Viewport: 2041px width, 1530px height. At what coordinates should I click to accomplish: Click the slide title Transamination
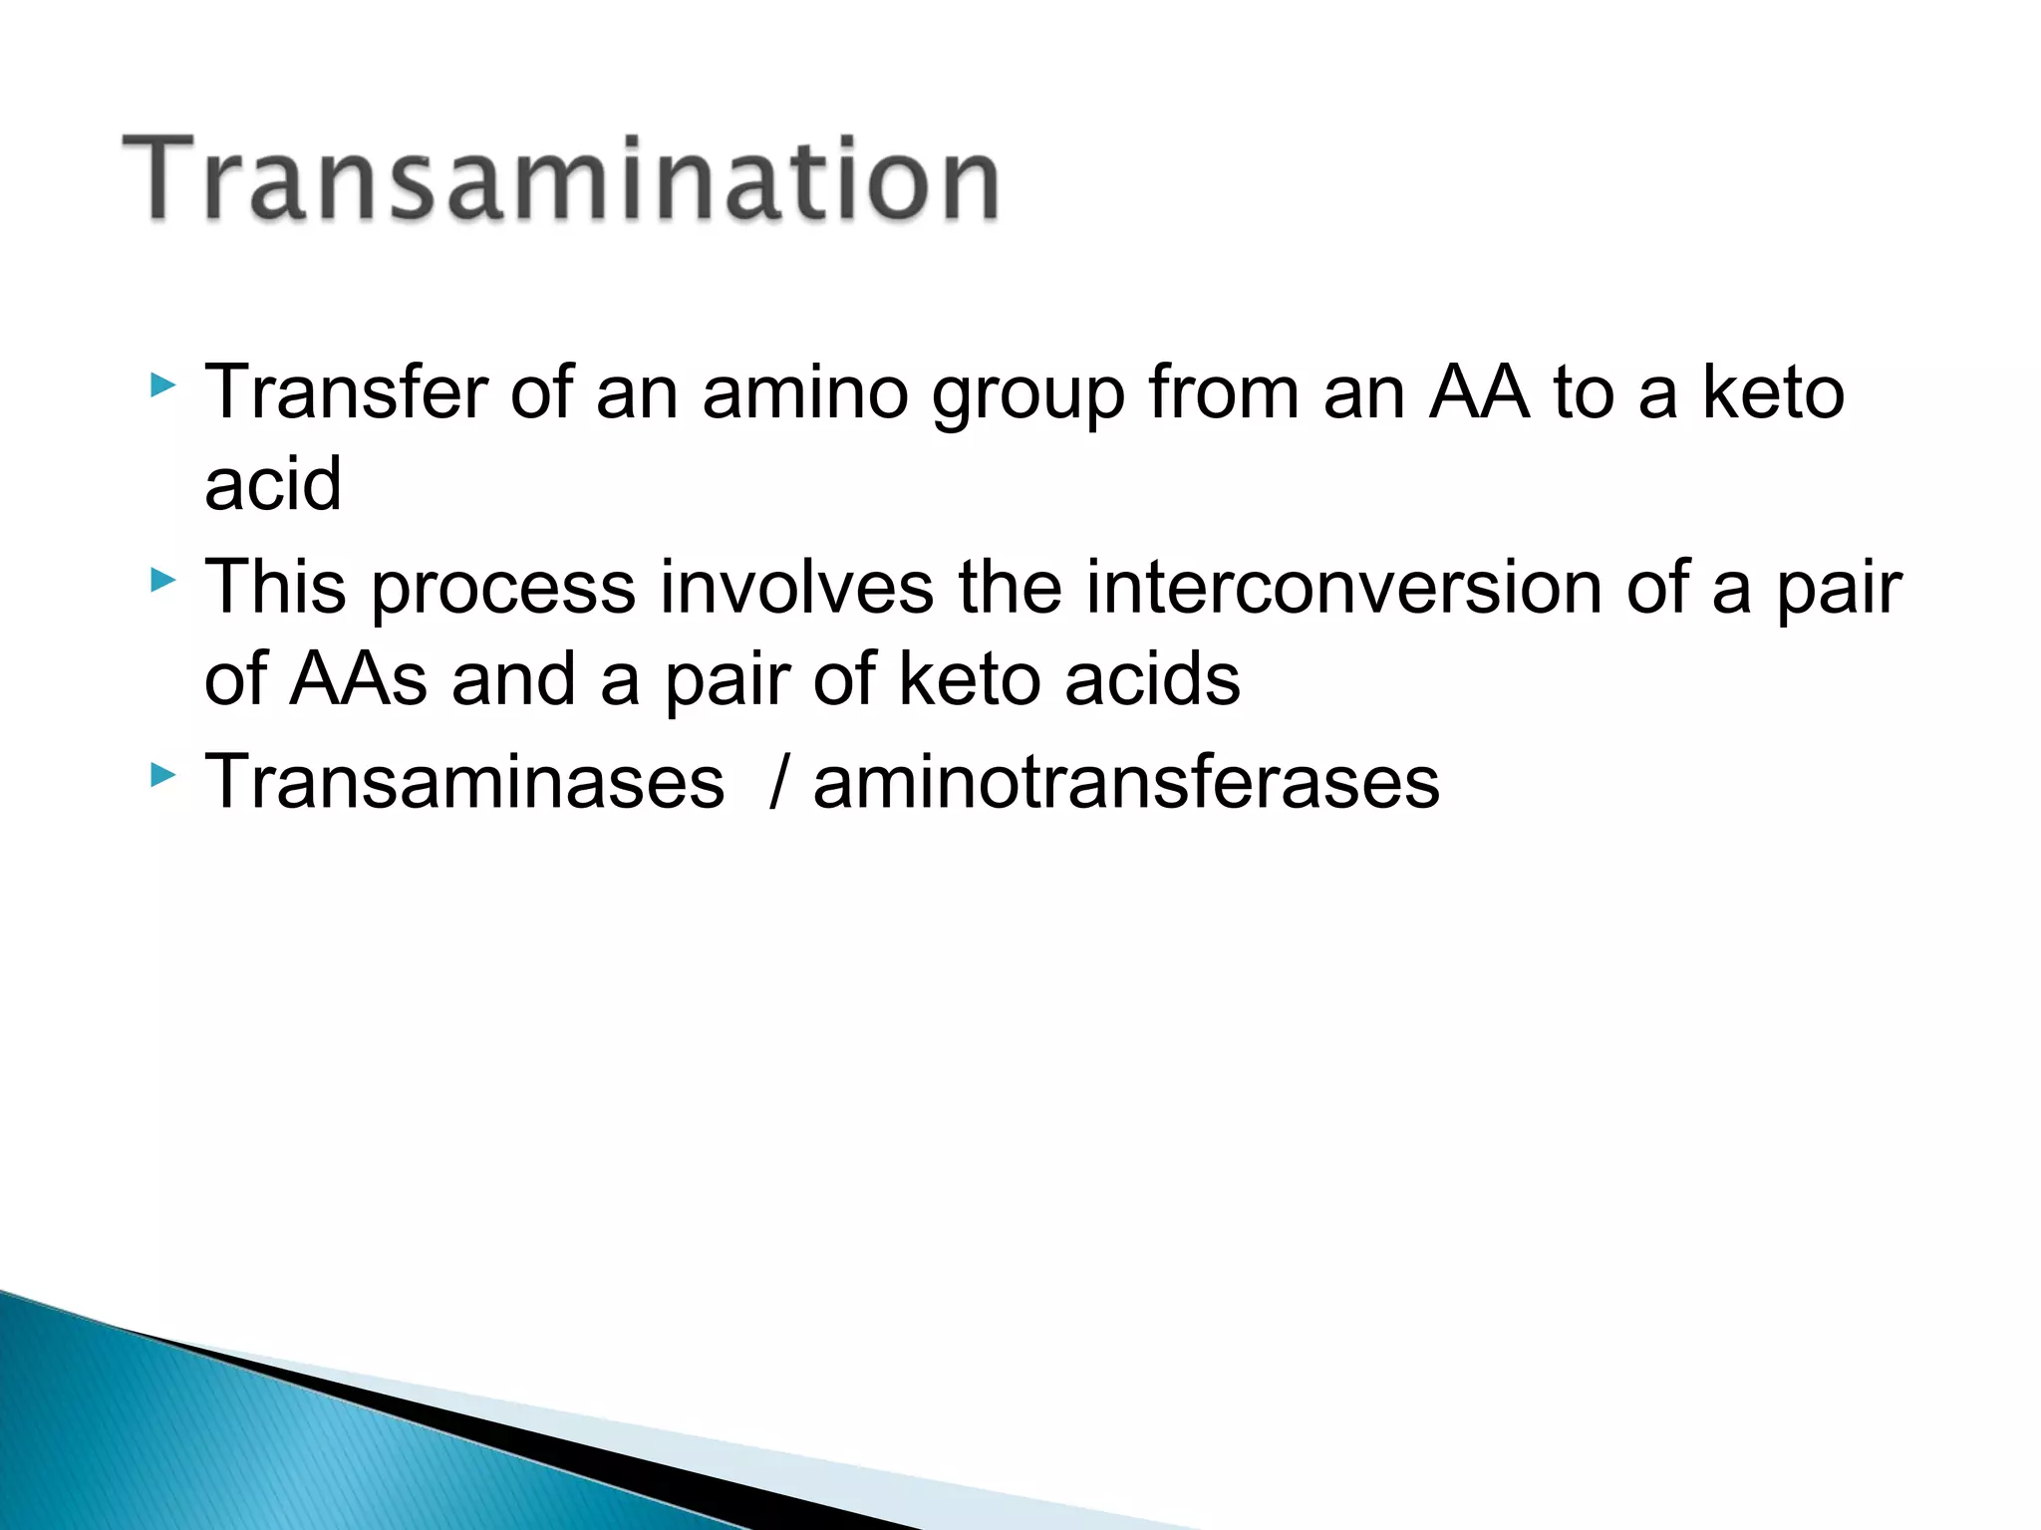(x=560, y=179)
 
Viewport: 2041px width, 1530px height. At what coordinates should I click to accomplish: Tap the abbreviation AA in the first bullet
(x=1478, y=392)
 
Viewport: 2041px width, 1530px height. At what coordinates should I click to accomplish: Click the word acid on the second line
(x=273, y=484)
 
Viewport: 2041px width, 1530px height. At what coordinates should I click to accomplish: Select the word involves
(x=796, y=587)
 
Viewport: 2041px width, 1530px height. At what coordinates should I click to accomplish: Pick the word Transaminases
(x=464, y=782)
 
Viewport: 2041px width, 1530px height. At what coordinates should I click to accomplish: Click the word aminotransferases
(x=1126, y=782)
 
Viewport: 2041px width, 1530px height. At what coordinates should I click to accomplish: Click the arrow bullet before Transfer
(x=162, y=385)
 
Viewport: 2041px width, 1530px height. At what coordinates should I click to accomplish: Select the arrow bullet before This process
(x=162, y=580)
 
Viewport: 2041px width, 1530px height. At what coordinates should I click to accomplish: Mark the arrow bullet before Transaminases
(x=162, y=774)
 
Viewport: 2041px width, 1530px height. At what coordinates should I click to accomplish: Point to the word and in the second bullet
(x=513, y=679)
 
